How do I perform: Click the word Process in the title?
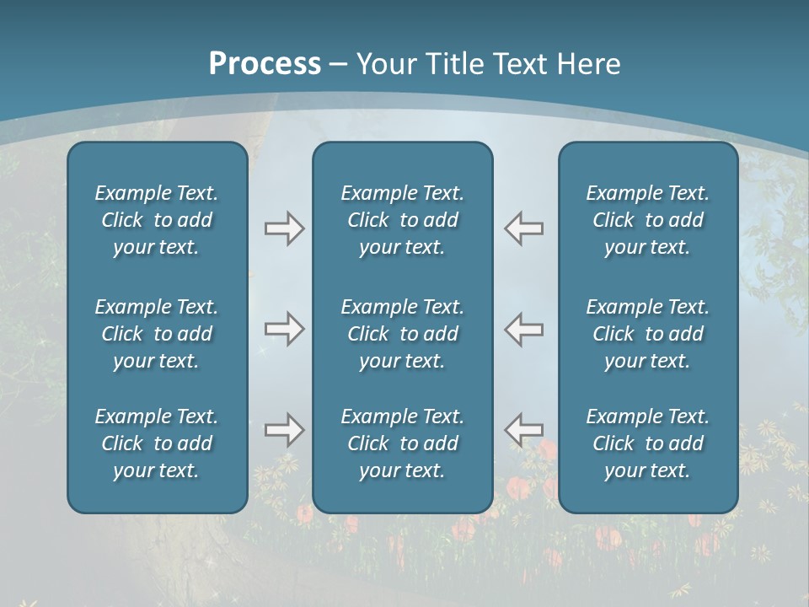click(x=265, y=64)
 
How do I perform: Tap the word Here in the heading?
click(x=587, y=64)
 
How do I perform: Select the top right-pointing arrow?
click(x=284, y=228)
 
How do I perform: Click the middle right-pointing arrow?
click(x=284, y=329)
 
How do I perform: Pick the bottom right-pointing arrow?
click(x=284, y=430)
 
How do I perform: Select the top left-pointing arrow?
click(x=524, y=228)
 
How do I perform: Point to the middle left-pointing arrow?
click(x=524, y=329)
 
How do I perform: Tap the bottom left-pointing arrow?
click(x=524, y=430)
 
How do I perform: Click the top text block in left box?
click(x=157, y=220)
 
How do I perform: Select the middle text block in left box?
click(x=157, y=334)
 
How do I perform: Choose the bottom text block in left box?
click(x=157, y=443)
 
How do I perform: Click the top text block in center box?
click(x=402, y=220)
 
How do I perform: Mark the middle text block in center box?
click(x=402, y=334)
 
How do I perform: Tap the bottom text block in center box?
click(x=402, y=443)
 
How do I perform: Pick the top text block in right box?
click(x=648, y=220)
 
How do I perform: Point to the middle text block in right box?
click(x=648, y=334)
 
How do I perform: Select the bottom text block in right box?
click(x=648, y=443)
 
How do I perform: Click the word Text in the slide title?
click(x=518, y=64)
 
